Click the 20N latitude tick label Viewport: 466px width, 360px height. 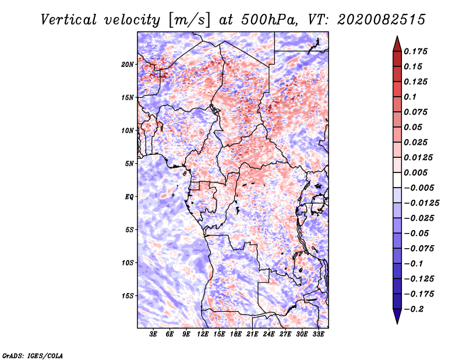[128, 64]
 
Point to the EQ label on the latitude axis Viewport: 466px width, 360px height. [129, 197]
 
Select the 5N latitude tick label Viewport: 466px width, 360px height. [129, 164]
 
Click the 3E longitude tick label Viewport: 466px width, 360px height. [153, 334]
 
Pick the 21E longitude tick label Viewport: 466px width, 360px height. [252, 334]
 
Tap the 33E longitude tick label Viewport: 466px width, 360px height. [318, 334]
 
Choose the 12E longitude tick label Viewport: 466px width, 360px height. [203, 334]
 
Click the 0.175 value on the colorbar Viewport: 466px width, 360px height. [415, 51]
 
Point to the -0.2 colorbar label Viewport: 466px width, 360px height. [414, 309]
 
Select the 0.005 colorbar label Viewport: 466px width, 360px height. [415, 172]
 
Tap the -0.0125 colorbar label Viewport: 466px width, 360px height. [421, 203]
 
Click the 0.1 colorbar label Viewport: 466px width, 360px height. [410, 97]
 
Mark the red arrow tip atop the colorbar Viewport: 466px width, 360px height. [397, 36]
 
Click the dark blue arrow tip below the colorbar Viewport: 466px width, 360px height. [397, 323]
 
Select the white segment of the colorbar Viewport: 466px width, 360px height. [397, 180]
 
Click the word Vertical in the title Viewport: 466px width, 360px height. [69, 20]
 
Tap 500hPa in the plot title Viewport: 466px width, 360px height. [269, 20]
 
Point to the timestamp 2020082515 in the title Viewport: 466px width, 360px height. [382, 20]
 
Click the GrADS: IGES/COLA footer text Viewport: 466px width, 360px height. [33, 355]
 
